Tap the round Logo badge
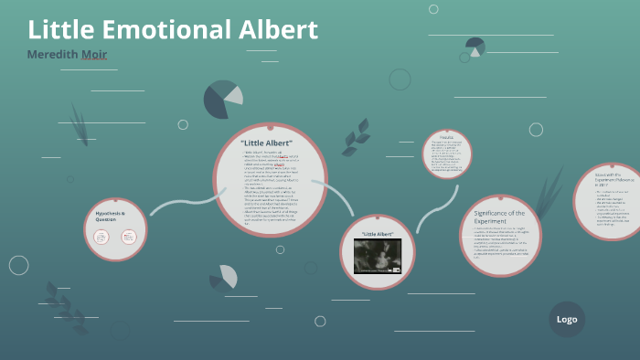click(x=567, y=320)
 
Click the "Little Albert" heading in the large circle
click(x=271, y=143)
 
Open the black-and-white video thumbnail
click(x=378, y=256)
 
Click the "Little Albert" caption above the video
click(x=378, y=234)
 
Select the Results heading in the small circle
click(x=447, y=137)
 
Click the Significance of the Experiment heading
click(x=499, y=217)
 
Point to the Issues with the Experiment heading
click(x=609, y=179)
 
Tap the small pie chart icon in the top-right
click(x=475, y=47)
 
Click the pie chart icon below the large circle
click(x=224, y=276)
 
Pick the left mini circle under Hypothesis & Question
click(x=101, y=238)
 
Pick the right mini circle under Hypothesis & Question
click(x=128, y=238)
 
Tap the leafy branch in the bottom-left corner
click(x=64, y=306)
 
